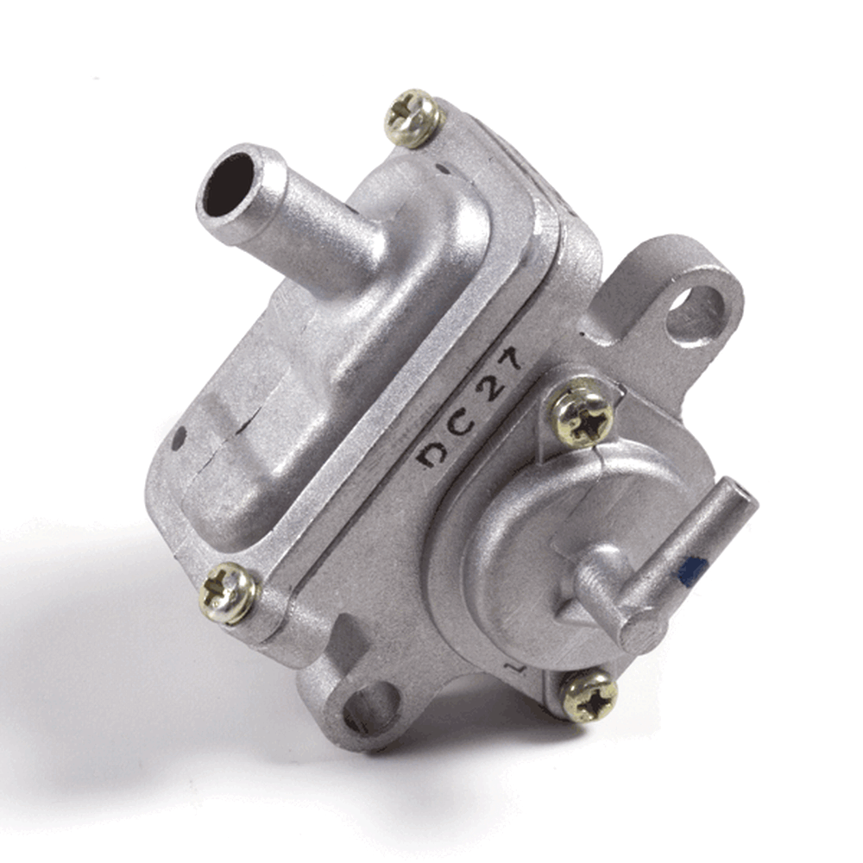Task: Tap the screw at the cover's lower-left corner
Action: point(228,593)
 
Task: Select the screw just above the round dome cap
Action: point(582,413)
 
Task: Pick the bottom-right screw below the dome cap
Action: point(589,696)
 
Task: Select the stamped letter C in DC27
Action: point(460,423)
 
